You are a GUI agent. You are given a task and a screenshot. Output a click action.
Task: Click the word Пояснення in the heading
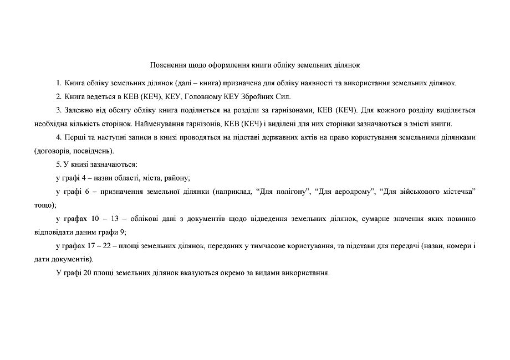pyautogui.click(x=166, y=65)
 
